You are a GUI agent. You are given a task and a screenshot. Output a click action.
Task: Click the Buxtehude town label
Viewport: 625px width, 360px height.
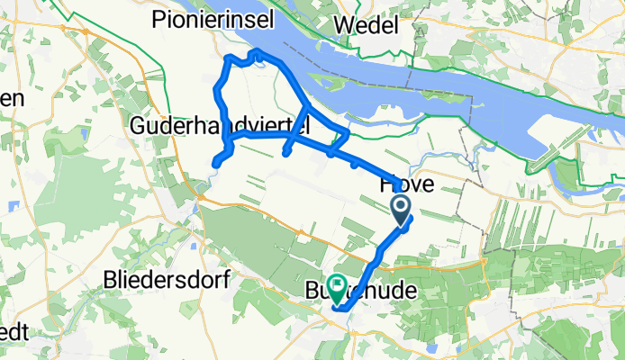pyautogui.click(x=371, y=292)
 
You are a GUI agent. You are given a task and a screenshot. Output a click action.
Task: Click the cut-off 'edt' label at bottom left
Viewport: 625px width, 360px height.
pyautogui.click(x=13, y=332)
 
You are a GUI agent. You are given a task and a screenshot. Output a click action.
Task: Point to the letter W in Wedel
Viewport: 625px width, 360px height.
pyautogui.click(x=344, y=21)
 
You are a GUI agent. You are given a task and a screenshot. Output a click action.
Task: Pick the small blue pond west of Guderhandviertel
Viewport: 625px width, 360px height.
pyautogui.click(x=84, y=134)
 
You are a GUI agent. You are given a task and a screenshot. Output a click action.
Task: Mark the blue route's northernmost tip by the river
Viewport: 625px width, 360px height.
pyautogui.click(x=258, y=51)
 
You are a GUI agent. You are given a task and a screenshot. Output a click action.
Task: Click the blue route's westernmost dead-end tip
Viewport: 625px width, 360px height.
pyautogui.click(x=215, y=163)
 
